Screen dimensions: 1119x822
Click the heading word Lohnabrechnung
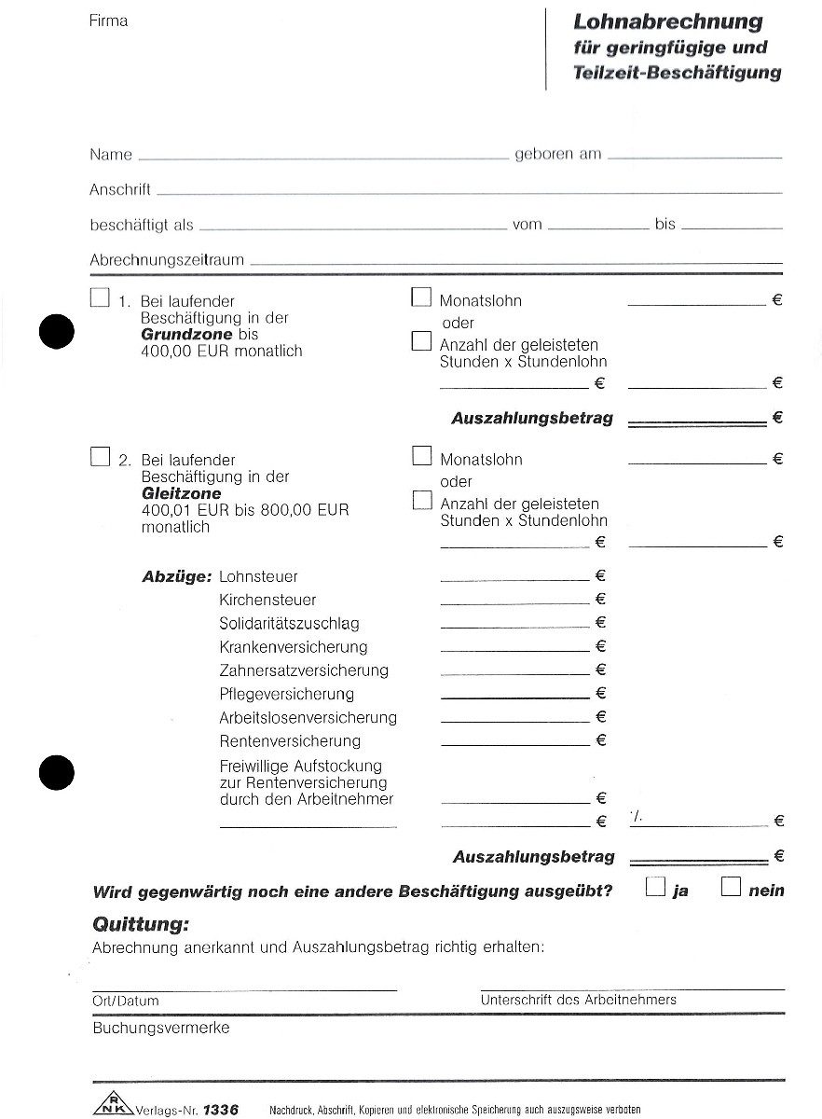(x=667, y=21)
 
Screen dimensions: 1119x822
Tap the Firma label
(x=109, y=21)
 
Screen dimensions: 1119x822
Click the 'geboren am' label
(x=558, y=155)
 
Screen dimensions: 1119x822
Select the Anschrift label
(x=120, y=190)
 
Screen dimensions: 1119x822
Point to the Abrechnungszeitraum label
(x=167, y=260)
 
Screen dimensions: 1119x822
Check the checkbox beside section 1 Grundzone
(x=100, y=297)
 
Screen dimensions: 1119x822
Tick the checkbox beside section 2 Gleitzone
(x=100, y=456)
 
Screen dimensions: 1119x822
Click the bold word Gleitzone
(x=181, y=493)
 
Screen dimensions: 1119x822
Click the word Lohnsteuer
(x=258, y=577)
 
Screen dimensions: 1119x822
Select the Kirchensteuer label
(x=267, y=601)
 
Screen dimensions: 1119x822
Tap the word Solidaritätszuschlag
(x=289, y=624)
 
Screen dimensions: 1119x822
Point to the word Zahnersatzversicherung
(x=304, y=670)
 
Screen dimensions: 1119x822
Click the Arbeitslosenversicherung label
(x=308, y=717)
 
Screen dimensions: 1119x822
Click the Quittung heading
(x=141, y=924)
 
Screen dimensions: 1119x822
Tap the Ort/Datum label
(x=126, y=1001)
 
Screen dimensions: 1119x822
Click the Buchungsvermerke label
(x=160, y=1029)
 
